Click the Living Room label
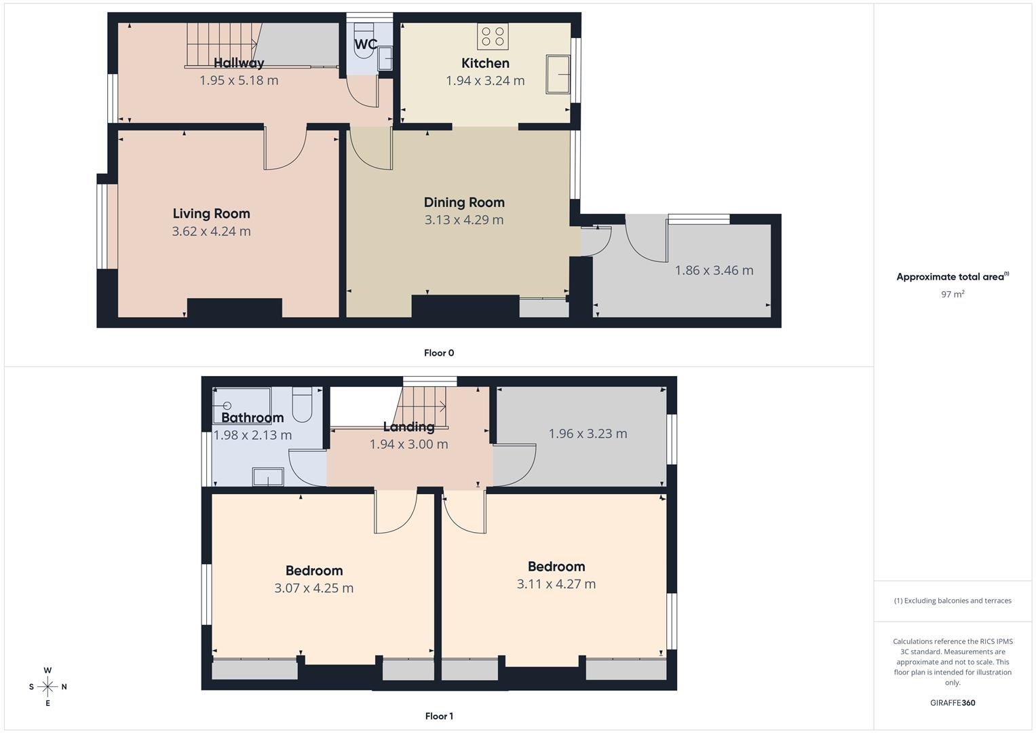click(x=211, y=214)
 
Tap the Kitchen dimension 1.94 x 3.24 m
click(x=485, y=81)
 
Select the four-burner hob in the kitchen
click(x=493, y=36)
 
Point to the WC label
click(x=366, y=45)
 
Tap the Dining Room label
click(x=464, y=202)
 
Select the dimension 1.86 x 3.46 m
click(x=714, y=270)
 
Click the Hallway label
click(x=239, y=63)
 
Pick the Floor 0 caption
click(x=439, y=353)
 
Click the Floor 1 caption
click(x=439, y=716)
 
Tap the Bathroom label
click(x=252, y=417)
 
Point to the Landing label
click(x=408, y=427)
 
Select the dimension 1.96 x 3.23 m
click(x=588, y=434)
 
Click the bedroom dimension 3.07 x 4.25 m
click(x=313, y=588)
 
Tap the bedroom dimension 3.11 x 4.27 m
click(x=556, y=584)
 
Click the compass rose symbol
click(x=47, y=687)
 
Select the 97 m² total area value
click(x=953, y=295)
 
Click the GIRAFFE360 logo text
click(x=953, y=703)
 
